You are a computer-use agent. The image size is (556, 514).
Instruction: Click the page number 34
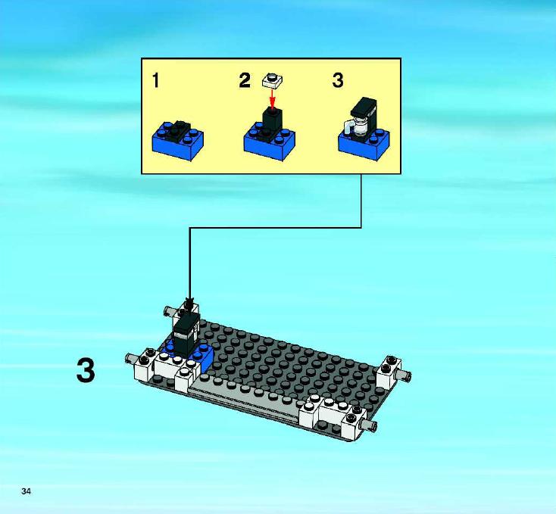[x=26, y=491]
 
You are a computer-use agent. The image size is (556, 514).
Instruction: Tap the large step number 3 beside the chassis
[x=86, y=370]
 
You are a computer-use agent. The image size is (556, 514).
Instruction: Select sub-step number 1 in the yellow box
[x=156, y=80]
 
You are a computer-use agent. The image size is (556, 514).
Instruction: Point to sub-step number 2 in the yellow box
[x=245, y=80]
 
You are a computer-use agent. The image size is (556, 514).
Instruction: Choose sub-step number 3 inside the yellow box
[x=338, y=80]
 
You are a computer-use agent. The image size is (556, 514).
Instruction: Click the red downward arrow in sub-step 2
[x=273, y=98]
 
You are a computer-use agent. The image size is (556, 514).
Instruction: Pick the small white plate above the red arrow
[x=273, y=80]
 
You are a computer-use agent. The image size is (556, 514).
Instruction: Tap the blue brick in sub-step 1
[x=178, y=142]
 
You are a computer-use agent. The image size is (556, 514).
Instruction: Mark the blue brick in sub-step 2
[x=270, y=142]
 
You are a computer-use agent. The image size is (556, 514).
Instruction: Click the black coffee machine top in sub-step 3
[x=364, y=105]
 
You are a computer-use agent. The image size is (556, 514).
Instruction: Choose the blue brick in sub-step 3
[x=364, y=144]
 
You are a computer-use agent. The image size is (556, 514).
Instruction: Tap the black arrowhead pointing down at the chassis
[x=190, y=304]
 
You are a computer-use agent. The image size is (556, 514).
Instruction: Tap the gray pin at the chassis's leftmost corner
[x=132, y=359]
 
